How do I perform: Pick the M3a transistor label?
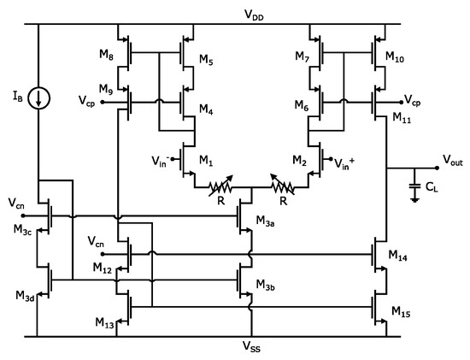click(x=267, y=221)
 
